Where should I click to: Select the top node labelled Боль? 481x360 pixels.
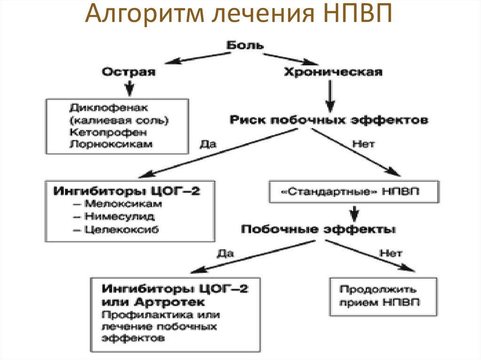(x=245, y=46)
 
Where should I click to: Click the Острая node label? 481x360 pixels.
(x=129, y=72)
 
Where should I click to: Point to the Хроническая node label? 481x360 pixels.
(x=333, y=72)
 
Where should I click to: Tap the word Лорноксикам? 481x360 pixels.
(x=110, y=144)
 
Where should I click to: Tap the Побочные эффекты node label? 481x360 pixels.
(x=318, y=230)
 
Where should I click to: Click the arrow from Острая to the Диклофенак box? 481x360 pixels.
(x=129, y=87)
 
